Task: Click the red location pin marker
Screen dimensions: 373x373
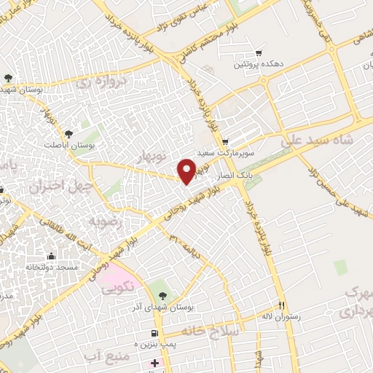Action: [186, 170]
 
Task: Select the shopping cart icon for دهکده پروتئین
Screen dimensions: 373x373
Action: [259, 52]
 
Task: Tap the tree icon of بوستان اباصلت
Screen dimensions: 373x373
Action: [68, 133]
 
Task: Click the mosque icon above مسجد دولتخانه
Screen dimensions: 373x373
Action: [50, 256]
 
